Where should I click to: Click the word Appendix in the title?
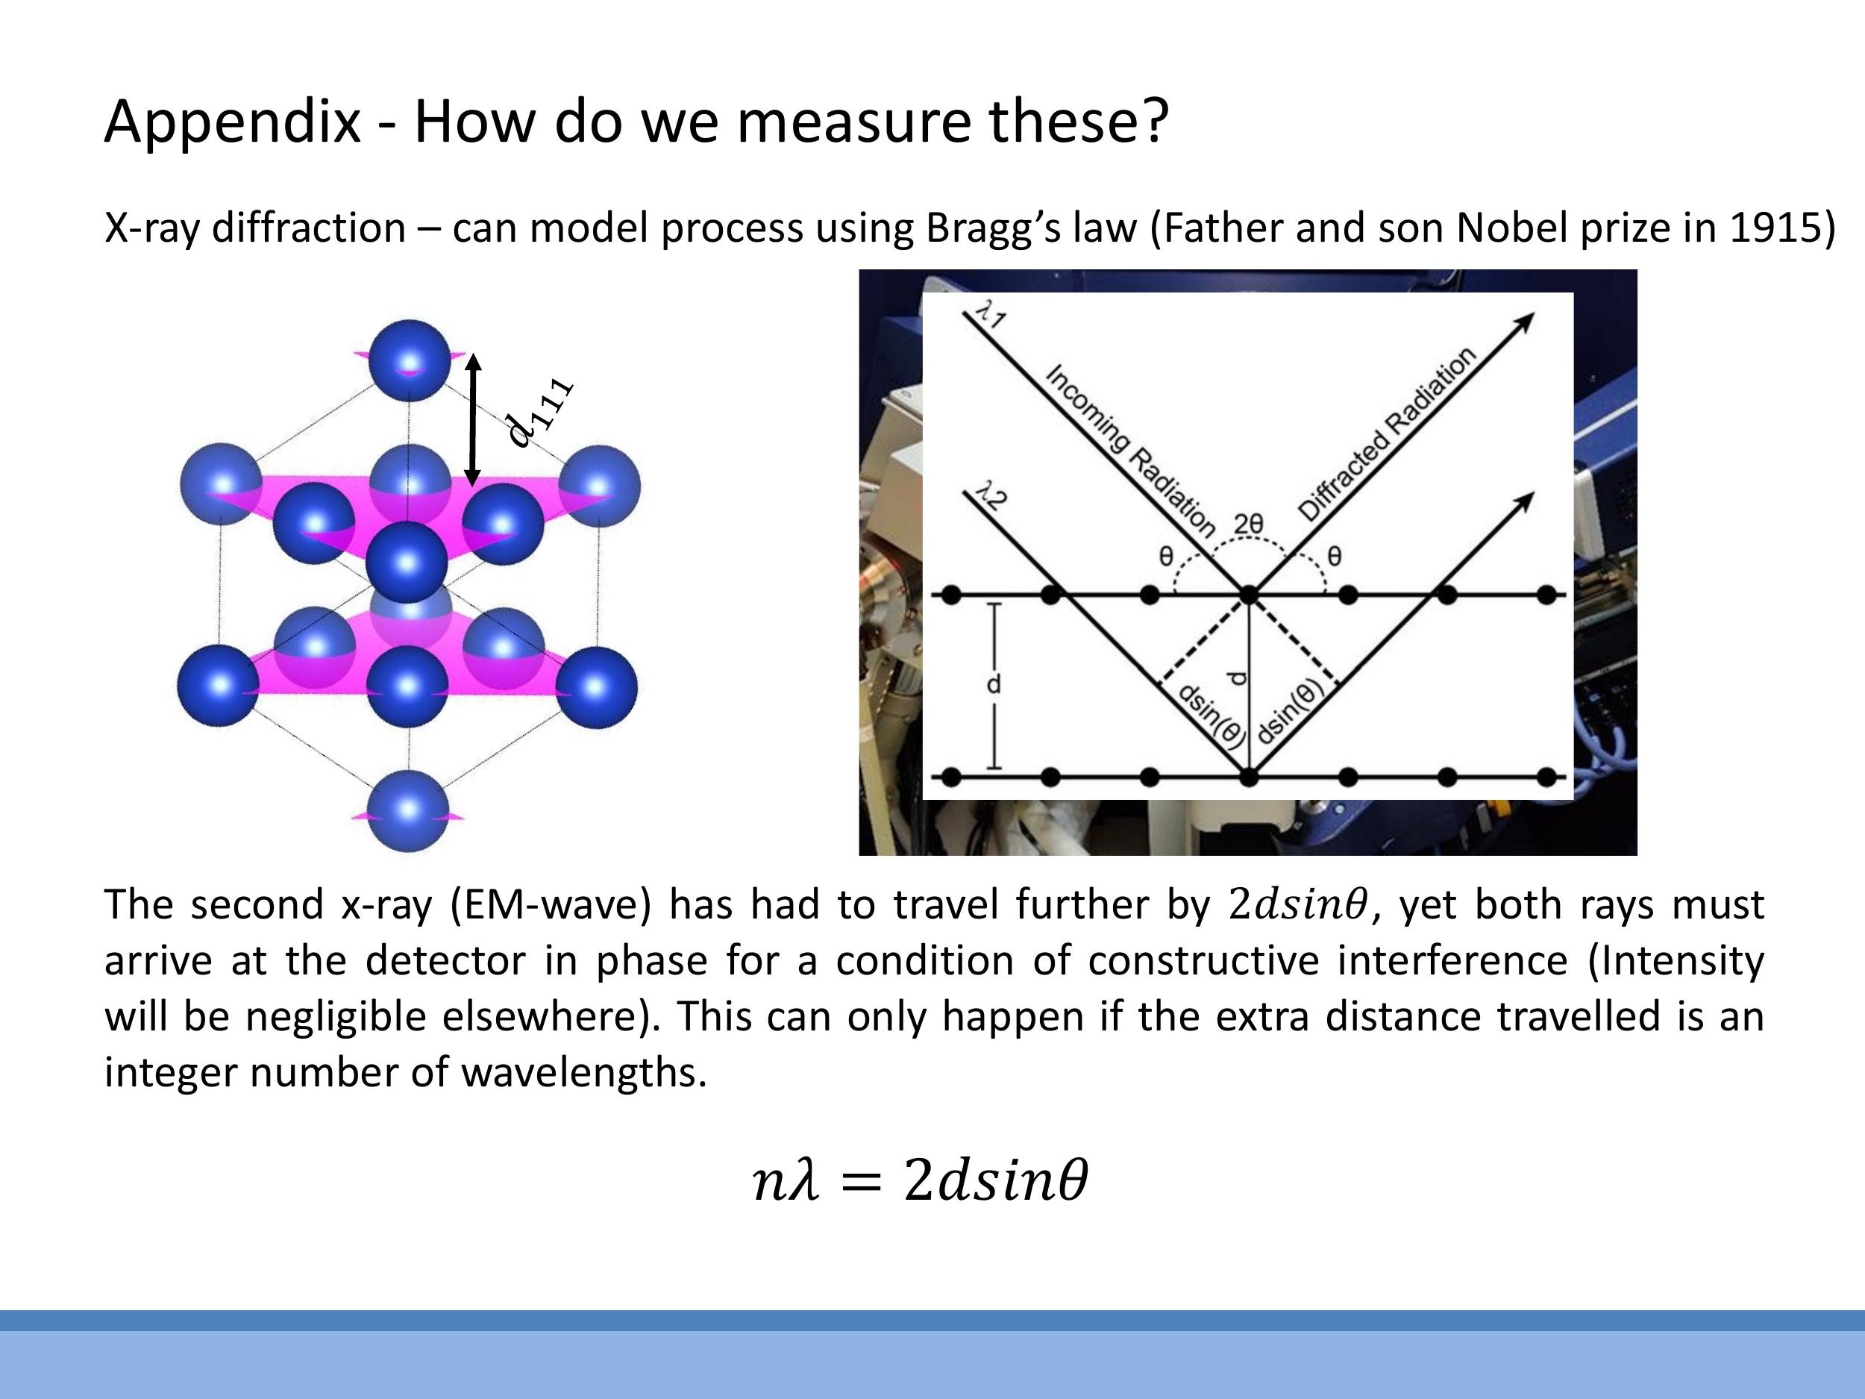pyautogui.click(x=232, y=122)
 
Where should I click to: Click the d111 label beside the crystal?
pyautogui.click(x=539, y=413)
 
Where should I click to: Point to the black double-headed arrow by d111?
pyautogui.click(x=473, y=419)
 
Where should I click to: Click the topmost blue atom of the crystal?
pyautogui.click(x=409, y=359)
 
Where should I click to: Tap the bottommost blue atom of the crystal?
pyautogui.click(x=408, y=810)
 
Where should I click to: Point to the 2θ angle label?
pyautogui.click(x=1249, y=525)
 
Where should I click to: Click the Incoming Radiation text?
pyautogui.click(x=1129, y=451)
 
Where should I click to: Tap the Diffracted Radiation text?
pyautogui.click(x=1386, y=434)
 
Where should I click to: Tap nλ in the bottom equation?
pyautogui.click(x=785, y=1180)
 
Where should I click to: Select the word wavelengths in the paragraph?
pyautogui.click(x=583, y=1074)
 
